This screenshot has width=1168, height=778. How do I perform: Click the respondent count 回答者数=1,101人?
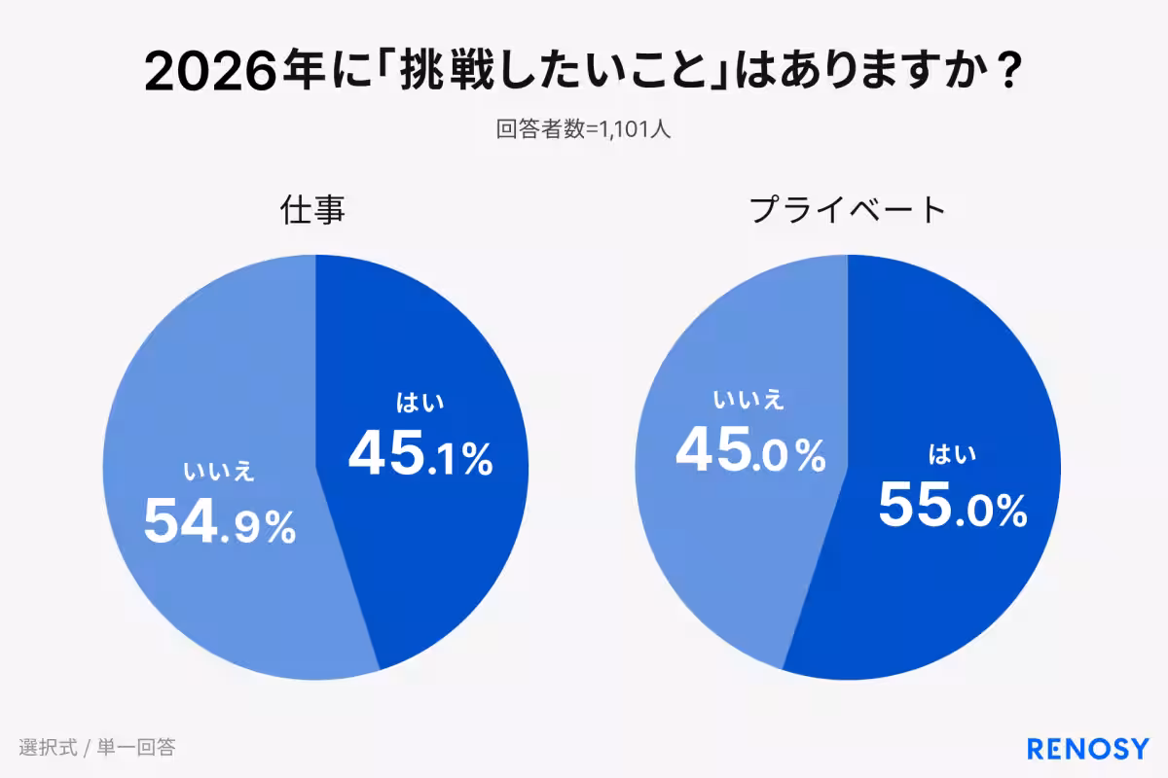pyautogui.click(x=583, y=129)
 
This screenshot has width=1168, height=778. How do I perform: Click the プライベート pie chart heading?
pyautogui.click(x=847, y=210)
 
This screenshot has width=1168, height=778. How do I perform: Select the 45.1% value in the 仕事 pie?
pyautogui.click(x=420, y=454)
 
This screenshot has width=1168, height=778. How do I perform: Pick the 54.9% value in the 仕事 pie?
pyautogui.click(x=219, y=522)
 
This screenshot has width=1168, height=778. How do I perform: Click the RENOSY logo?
pyautogui.click(x=1088, y=748)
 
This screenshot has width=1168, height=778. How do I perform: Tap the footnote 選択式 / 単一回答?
pyautogui.click(x=96, y=748)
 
